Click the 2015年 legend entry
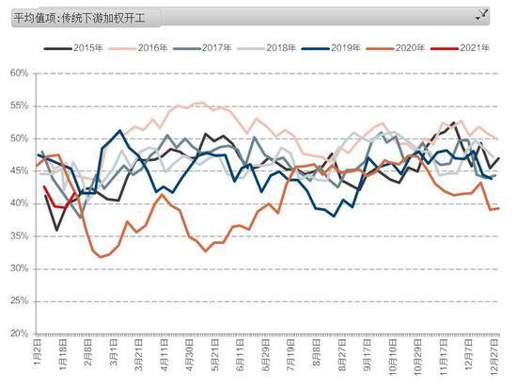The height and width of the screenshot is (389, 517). pos(73,48)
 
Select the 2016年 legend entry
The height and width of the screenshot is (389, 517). pos(138,48)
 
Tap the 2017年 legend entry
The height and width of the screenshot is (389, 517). pos(202,48)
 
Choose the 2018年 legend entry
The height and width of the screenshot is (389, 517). pos(266,48)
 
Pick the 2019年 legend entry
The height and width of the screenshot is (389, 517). pos(331,48)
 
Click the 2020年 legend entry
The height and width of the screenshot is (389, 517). pos(396,48)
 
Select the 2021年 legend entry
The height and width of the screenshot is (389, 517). pos(460,48)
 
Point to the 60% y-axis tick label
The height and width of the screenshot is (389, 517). pos(19,73)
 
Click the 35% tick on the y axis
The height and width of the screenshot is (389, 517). pos(19,236)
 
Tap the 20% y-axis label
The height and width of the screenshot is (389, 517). pos(19,333)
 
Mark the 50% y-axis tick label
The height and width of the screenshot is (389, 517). pos(19,138)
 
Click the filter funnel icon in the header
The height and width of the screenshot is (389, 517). pos(482,15)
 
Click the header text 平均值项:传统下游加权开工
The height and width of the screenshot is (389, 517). pos(80,18)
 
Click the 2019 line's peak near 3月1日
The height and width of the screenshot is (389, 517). pos(119,130)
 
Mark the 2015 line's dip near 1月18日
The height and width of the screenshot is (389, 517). pos(56,230)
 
